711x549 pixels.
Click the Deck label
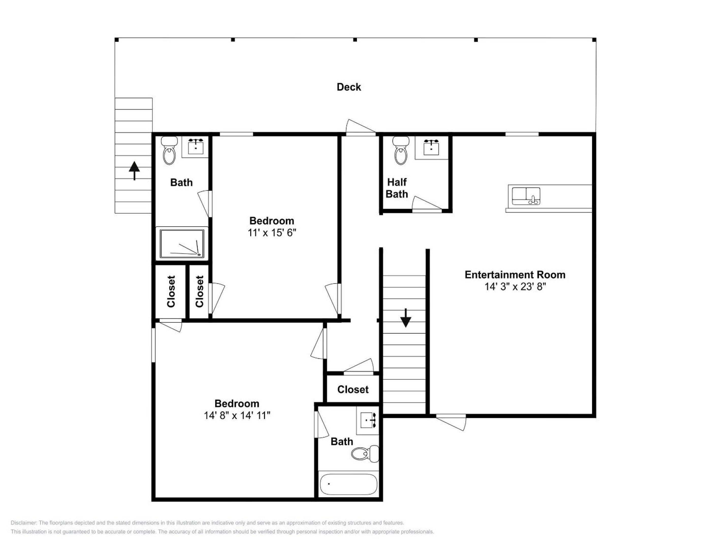[x=349, y=87]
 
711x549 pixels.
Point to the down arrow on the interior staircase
[x=406, y=318]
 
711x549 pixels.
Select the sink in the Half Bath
[x=431, y=147]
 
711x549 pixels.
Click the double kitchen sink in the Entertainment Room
[x=526, y=196]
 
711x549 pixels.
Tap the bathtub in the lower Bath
[x=348, y=484]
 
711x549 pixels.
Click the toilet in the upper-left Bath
[x=169, y=150]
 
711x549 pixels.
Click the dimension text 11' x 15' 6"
[x=272, y=233]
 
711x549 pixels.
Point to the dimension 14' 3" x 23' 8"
[x=515, y=286]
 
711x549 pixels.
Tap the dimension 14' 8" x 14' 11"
[x=237, y=415]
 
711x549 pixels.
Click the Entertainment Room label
[x=515, y=275]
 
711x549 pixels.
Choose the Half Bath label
[x=397, y=188]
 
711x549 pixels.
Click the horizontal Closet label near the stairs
[x=353, y=389]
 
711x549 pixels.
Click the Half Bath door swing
[x=427, y=204]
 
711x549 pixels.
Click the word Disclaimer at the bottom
[x=24, y=523]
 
